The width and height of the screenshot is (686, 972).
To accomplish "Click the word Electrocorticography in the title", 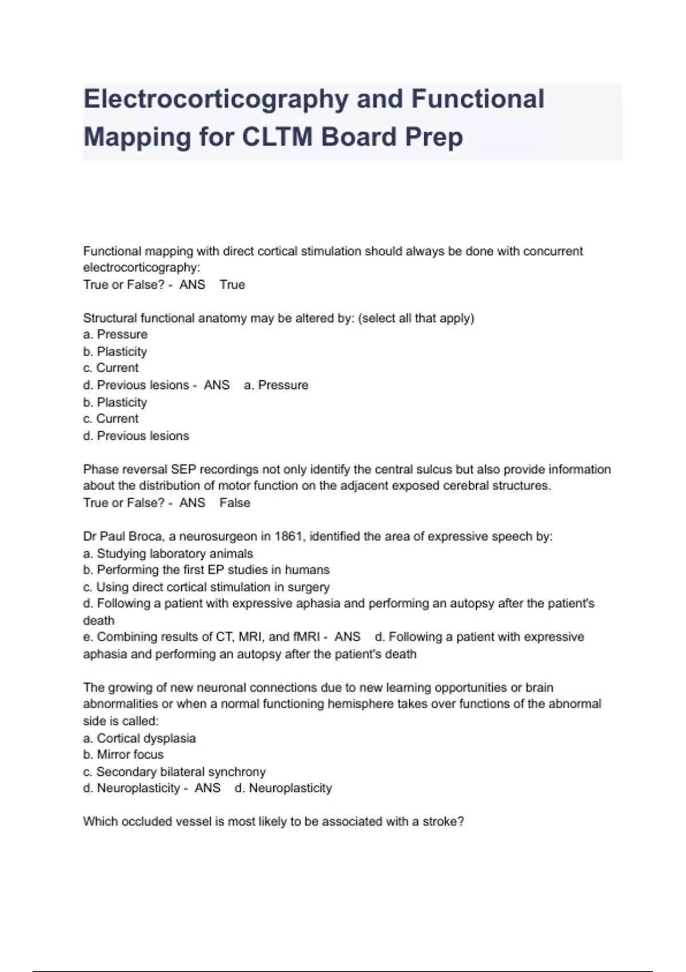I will (x=216, y=99).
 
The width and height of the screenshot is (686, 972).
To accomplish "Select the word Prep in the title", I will (x=434, y=137).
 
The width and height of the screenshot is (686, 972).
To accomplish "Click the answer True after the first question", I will (x=232, y=285).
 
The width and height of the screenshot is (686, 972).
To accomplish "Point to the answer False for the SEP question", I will (x=234, y=503).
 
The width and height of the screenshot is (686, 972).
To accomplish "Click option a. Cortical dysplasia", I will (x=139, y=738).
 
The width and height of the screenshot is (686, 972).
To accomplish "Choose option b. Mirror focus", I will (x=123, y=755).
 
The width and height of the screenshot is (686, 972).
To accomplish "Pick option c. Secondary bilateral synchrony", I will (x=174, y=772).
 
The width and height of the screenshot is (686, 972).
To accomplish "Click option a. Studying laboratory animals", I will (x=168, y=553).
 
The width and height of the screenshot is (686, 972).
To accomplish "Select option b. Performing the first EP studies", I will (x=206, y=570).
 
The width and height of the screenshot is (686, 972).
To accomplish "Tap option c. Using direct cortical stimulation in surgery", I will (x=206, y=587).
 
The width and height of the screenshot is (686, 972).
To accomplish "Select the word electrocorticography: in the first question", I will (x=142, y=268).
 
